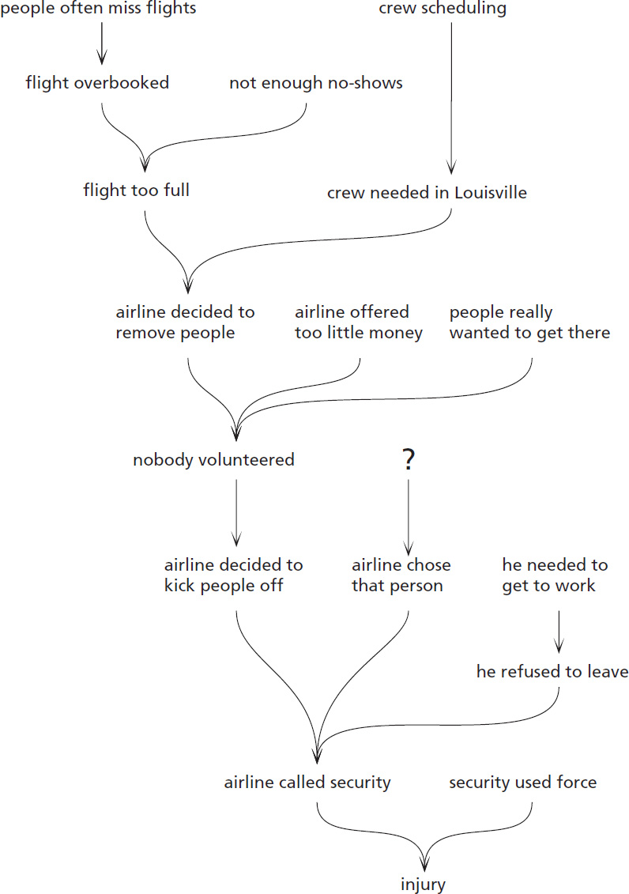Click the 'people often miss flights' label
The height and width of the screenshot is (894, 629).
tap(98, 9)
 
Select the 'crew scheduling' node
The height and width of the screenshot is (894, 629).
tap(443, 9)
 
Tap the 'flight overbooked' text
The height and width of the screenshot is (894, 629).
tap(97, 82)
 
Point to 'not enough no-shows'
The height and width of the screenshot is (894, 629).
tap(315, 82)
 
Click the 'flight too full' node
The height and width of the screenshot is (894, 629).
tap(136, 190)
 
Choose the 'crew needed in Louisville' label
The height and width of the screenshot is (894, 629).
tap(427, 192)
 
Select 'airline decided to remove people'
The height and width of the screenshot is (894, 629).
tap(185, 322)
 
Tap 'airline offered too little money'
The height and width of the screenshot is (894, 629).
tap(358, 322)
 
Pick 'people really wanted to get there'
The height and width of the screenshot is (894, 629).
tap(529, 322)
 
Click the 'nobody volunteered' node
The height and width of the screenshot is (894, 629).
tap(213, 459)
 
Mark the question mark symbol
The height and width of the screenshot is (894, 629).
tap(408, 460)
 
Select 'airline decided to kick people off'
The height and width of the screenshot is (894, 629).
tap(233, 575)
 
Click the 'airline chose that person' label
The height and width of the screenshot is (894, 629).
tap(401, 575)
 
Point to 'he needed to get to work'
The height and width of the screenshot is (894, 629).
tap(555, 575)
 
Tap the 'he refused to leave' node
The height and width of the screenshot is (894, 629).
tap(552, 672)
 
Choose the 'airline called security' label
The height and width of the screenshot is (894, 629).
tap(307, 783)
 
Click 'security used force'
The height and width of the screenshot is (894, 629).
tap(522, 783)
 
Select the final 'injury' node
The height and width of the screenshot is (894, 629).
tap(424, 884)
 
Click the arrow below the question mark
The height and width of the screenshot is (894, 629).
tap(408, 514)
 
